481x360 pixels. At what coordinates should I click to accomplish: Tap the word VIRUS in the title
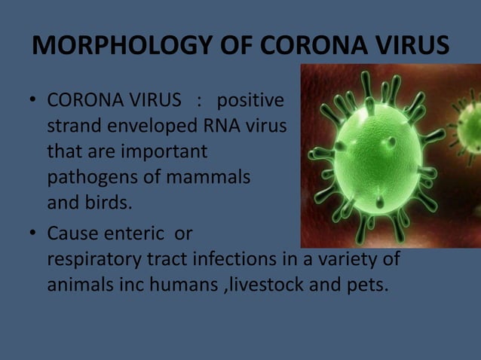pyautogui.click(x=412, y=46)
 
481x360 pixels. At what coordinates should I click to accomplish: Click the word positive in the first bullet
pyautogui.click(x=251, y=100)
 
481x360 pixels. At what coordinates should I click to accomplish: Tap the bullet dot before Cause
pyautogui.click(x=33, y=236)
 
